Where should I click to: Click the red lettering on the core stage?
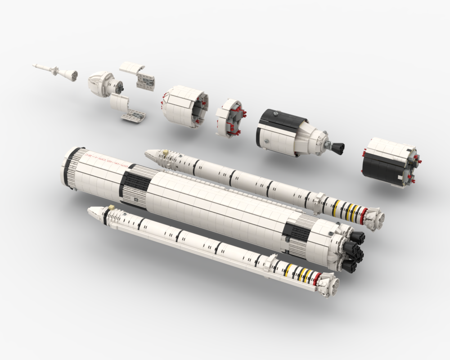click(105, 159)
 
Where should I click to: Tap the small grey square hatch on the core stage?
click(136, 197)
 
